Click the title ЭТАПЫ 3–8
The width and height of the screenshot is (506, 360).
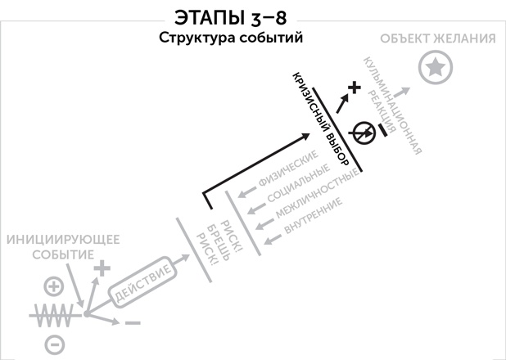click(x=230, y=17)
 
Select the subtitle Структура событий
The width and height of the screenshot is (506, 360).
click(x=231, y=38)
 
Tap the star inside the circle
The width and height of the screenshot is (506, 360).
click(x=436, y=67)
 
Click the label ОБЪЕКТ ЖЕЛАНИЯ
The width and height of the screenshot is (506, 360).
click(x=438, y=38)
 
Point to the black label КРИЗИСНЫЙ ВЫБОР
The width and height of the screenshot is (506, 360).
click(x=320, y=119)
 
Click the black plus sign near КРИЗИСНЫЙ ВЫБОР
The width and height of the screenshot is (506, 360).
click(x=354, y=88)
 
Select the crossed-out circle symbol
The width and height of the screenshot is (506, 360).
click(x=364, y=133)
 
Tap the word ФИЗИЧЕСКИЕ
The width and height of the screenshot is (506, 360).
click(x=288, y=169)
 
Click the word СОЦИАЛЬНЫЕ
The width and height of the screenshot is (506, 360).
click(x=299, y=182)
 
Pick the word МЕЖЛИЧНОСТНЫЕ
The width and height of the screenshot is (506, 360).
click(x=318, y=193)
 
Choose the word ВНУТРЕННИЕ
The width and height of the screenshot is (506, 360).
click(x=313, y=215)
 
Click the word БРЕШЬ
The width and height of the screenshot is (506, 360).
click(x=219, y=242)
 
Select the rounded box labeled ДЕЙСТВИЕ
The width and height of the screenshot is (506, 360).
click(x=143, y=282)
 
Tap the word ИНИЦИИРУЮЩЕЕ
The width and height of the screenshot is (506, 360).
click(x=63, y=240)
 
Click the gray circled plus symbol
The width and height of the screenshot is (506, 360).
click(x=53, y=286)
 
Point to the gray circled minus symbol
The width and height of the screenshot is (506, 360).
click(x=55, y=344)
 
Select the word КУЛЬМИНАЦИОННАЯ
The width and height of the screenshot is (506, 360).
click(x=393, y=106)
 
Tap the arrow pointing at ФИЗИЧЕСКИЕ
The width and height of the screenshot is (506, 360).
click(x=247, y=192)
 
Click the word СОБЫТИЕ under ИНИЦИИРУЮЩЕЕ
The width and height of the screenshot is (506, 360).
click(x=63, y=254)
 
